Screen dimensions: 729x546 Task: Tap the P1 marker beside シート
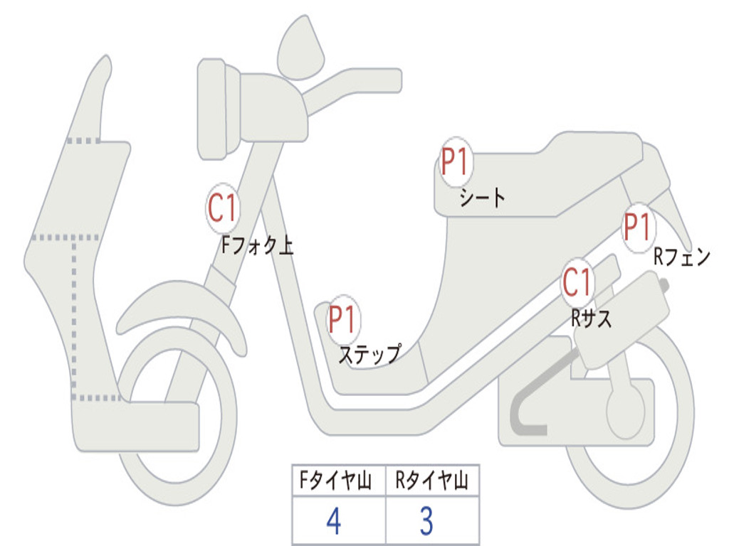click(x=454, y=162)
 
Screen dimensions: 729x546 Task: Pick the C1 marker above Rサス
click(x=577, y=283)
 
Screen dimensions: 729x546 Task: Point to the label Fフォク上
click(x=257, y=247)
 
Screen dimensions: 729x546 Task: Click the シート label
click(x=482, y=197)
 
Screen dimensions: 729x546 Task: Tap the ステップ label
click(x=369, y=354)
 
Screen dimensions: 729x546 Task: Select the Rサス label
click(x=592, y=318)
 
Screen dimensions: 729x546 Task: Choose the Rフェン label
click(x=682, y=257)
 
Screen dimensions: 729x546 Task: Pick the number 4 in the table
click(x=334, y=522)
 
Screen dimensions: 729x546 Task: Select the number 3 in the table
click(x=426, y=522)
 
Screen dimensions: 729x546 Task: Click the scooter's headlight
click(x=214, y=108)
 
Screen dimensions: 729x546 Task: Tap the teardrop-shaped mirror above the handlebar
click(x=300, y=48)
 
